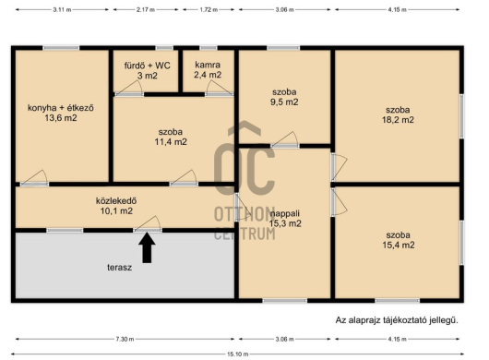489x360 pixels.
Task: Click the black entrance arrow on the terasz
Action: coord(147,248)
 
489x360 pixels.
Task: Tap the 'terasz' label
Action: coord(119,268)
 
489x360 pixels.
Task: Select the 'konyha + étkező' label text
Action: coord(61,108)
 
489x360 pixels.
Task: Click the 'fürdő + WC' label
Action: coord(148,66)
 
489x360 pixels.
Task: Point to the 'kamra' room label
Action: coord(208,65)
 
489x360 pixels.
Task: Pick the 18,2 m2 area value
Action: coord(398,120)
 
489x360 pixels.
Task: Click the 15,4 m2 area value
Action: coord(399,245)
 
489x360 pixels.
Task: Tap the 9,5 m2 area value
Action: coord(284,102)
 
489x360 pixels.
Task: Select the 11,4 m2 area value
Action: coord(171,142)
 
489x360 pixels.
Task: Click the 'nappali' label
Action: coord(285,213)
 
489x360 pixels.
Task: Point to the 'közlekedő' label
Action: coord(116,200)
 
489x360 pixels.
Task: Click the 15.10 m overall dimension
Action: coord(238,354)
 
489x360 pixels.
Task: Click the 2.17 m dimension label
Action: coord(146,9)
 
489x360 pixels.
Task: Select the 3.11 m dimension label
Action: coord(62,9)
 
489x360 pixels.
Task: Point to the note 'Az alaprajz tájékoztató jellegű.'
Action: coord(397,320)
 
